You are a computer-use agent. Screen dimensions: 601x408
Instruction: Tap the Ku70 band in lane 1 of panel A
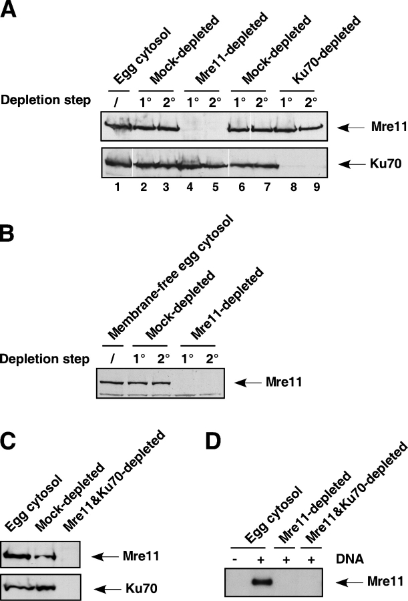pyautogui.click(x=120, y=161)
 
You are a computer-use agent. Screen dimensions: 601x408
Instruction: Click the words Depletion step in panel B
pyautogui.click(x=45, y=360)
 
